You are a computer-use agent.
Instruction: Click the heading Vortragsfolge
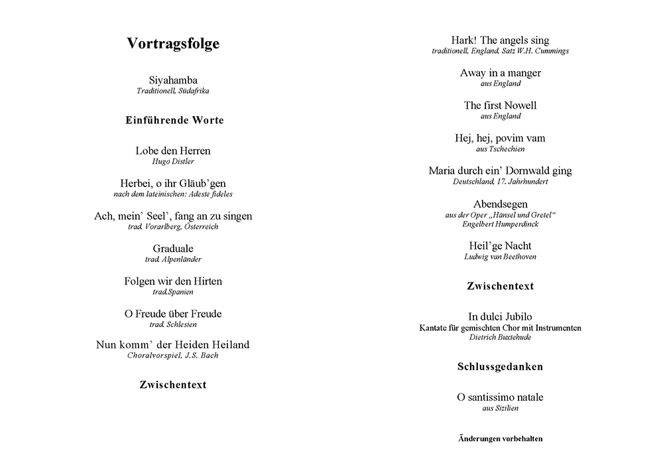[173, 44]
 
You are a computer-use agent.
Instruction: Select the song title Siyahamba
[173, 80]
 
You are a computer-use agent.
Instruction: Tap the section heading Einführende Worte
[174, 120]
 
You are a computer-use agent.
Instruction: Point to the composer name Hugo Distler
[173, 161]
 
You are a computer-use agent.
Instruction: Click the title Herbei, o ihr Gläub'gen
[173, 183]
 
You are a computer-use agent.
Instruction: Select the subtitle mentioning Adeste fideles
[173, 194]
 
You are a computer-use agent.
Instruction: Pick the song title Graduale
[173, 249]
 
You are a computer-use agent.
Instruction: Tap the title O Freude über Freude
[173, 314]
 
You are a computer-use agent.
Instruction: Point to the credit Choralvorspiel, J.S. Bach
[173, 356]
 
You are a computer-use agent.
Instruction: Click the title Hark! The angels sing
[500, 40]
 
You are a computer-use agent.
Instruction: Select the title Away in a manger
[501, 73]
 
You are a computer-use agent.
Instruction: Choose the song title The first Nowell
[501, 105]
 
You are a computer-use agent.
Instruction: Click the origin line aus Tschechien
[501, 149]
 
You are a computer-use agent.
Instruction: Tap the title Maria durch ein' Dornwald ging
[501, 170]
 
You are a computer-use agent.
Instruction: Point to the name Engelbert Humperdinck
[501, 224]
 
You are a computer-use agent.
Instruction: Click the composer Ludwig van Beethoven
[501, 257]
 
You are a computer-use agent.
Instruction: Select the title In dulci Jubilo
[501, 317]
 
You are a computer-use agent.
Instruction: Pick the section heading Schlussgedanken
[501, 366]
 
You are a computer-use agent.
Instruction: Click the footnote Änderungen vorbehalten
[501, 438]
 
